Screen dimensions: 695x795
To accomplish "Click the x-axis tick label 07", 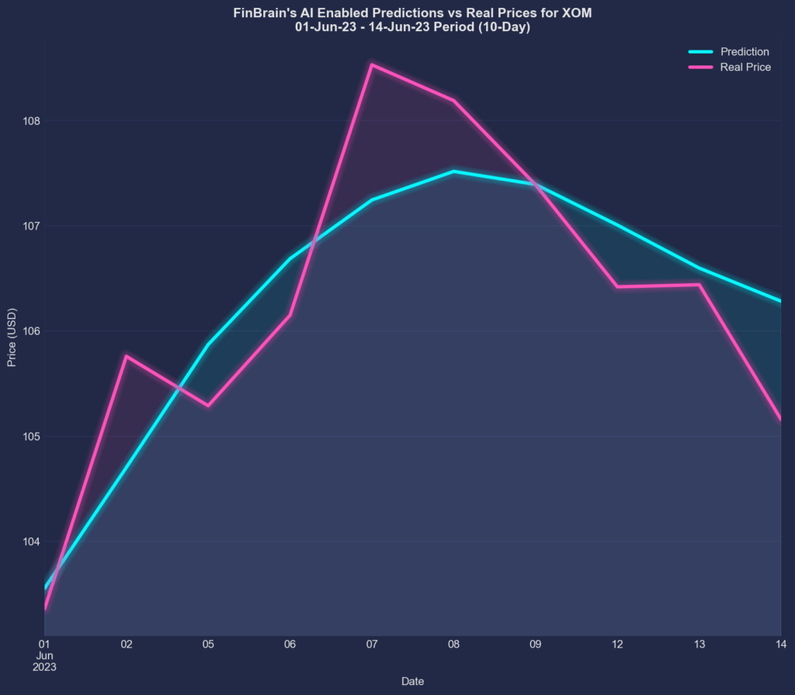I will pos(372,644).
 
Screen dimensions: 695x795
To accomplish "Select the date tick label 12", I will pos(617,644).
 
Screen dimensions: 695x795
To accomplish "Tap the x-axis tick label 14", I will pos(780,644).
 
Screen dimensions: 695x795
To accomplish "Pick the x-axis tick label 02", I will pos(127,644).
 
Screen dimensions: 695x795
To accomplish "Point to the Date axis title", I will pos(412,681).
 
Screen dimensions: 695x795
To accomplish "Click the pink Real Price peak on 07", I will pos(372,64).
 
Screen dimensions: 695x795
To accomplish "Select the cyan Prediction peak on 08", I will pos(453,172).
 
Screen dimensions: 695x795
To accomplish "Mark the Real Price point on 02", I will pos(127,356).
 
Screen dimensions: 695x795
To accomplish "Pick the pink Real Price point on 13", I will pos(699,285).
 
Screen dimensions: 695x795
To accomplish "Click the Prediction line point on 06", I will pos(290,259).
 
